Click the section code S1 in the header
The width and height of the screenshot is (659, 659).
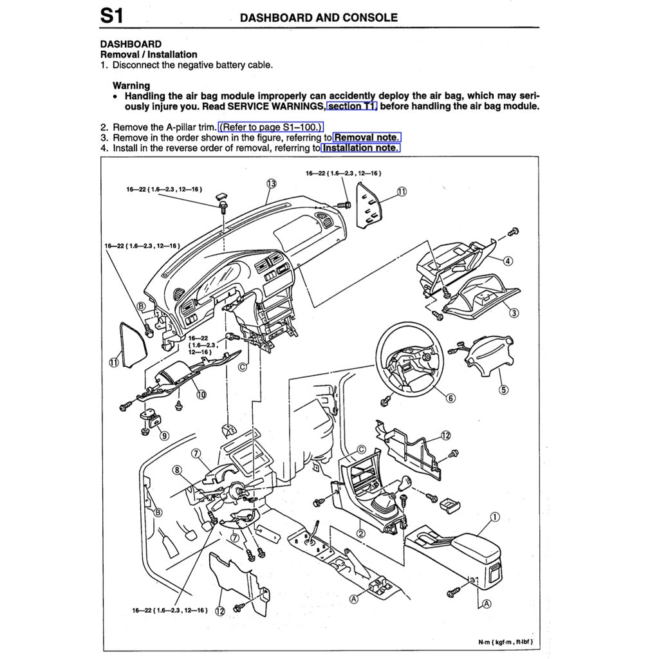[x=112, y=16]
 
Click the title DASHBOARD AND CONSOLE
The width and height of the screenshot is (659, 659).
[x=319, y=17]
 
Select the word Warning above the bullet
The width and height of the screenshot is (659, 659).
[x=131, y=85]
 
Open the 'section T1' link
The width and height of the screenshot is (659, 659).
[x=352, y=106]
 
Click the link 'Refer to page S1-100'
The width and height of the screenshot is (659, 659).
[x=271, y=127]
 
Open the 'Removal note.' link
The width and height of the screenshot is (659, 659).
[x=367, y=137]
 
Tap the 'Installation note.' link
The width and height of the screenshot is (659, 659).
[x=360, y=147]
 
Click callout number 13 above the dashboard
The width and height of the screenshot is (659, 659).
[x=271, y=184]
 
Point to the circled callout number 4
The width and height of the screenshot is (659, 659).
[x=508, y=261]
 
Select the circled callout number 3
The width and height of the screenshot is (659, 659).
[x=514, y=313]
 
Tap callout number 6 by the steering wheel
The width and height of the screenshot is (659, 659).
[x=450, y=398]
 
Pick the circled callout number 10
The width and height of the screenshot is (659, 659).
[x=201, y=394]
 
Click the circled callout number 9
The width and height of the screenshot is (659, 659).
[x=165, y=435]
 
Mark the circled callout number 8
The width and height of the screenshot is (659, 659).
[x=177, y=470]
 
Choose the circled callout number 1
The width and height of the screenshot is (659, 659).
[x=494, y=517]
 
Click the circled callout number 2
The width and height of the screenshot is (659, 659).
[x=361, y=533]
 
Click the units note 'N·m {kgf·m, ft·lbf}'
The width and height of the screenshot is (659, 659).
[x=505, y=642]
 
